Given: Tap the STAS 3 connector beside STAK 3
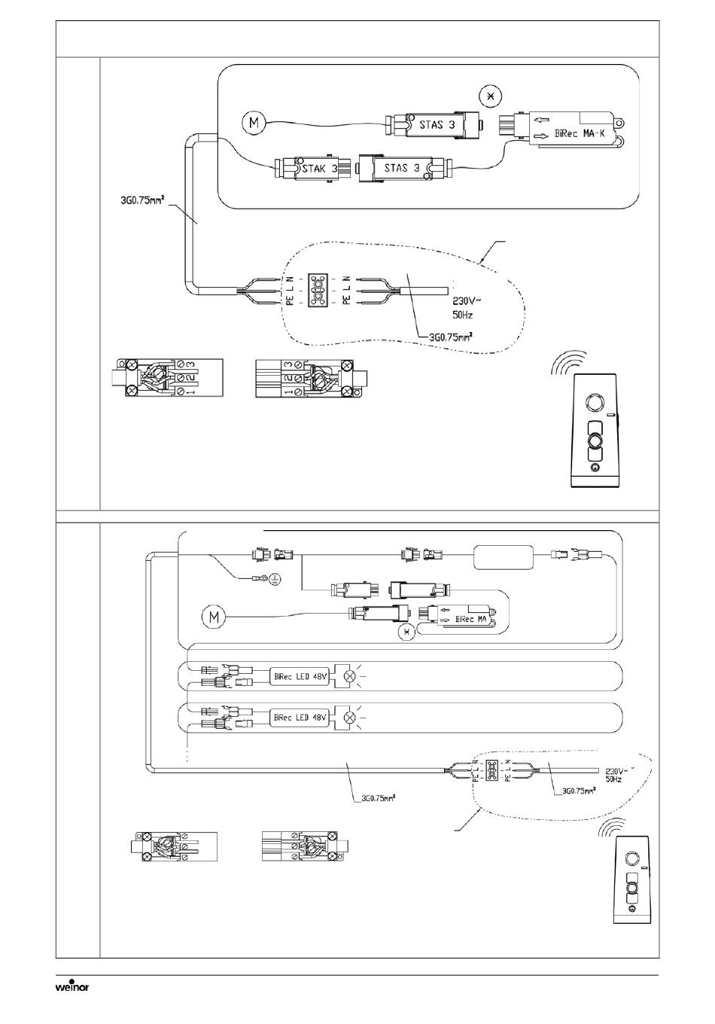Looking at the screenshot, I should [401, 168].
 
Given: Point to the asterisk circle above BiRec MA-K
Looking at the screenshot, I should [491, 97].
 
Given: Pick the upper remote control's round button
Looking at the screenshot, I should [595, 440].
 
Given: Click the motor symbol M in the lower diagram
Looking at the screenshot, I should [214, 618].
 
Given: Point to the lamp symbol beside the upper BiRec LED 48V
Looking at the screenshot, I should [348, 676].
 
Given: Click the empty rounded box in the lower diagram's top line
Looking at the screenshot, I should [503, 558].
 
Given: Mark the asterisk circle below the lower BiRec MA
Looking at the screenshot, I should [409, 631].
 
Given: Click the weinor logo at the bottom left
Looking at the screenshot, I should [72, 986].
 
